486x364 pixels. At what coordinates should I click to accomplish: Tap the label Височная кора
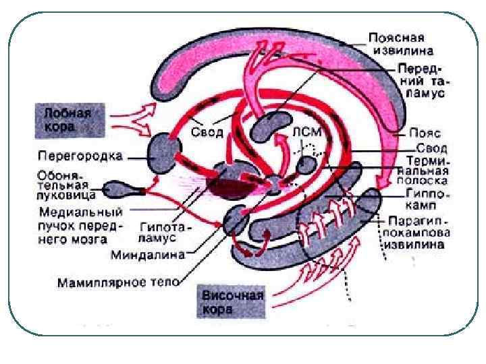click(x=232, y=301)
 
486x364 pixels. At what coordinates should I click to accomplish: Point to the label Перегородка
click(x=79, y=156)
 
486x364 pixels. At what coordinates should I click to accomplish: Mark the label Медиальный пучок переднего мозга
click(x=78, y=224)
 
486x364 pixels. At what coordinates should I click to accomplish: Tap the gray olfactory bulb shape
click(x=119, y=190)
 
